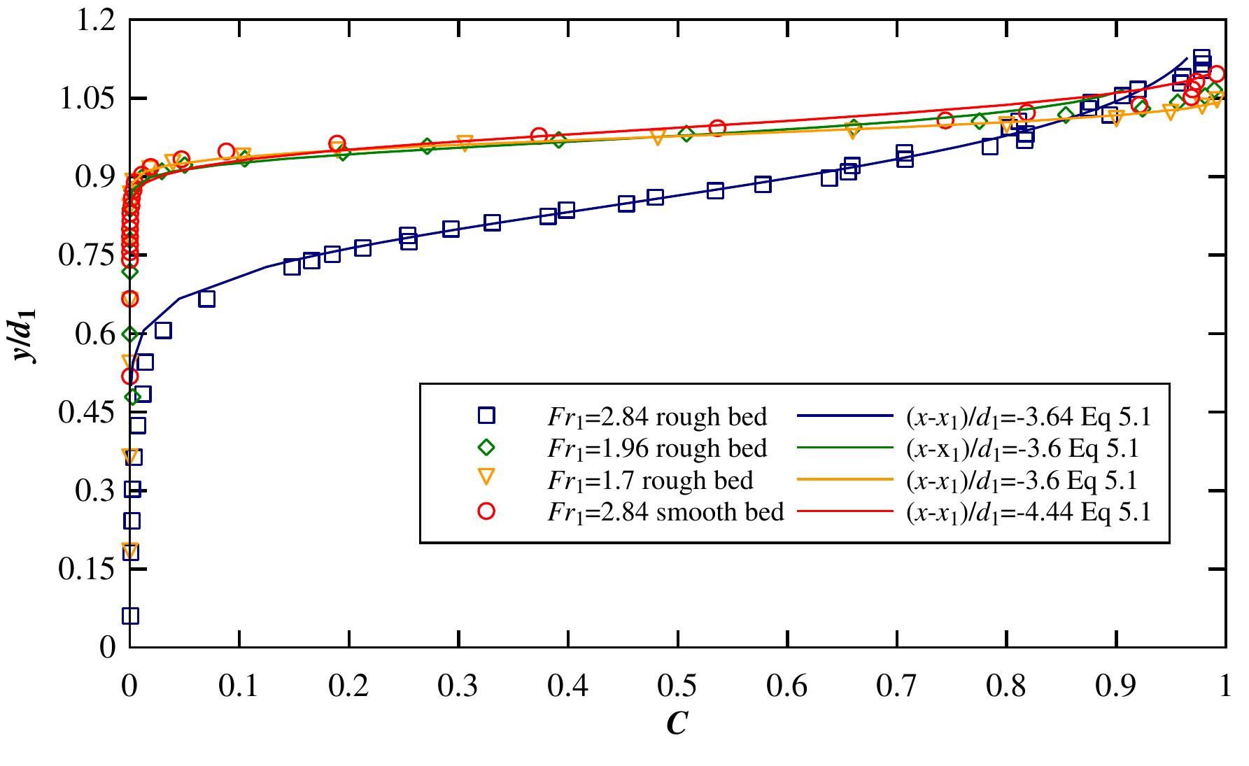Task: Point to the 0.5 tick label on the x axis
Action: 677,685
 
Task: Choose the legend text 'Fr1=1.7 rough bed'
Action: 650,481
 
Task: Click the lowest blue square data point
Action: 130,616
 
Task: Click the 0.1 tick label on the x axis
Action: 239,685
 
